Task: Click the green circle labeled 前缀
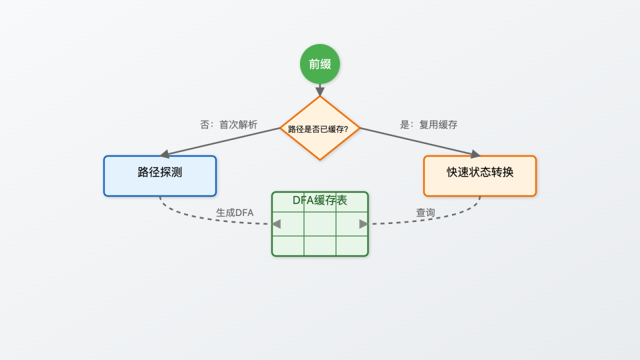click(x=320, y=64)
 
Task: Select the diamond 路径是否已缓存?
click(x=320, y=128)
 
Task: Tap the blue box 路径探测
click(x=160, y=176)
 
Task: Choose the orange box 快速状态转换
click(x=480, y=176)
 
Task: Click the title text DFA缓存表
click(x=320, y=200)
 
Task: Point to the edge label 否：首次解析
click(x=229, y=125)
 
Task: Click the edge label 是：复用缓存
click(x=429, y=125)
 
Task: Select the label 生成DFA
click(x=235, y=213)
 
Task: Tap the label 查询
click(x=425, y=213)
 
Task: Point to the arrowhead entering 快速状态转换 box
click(x=475, y=154)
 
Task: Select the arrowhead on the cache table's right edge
click(x=363, y=224)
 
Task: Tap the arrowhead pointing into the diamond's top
click(x=320, y=91)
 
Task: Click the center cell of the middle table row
click(x=320, y=224)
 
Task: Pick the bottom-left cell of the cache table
click(x=288, y=245)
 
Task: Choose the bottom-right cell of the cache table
click(x=351, y=245)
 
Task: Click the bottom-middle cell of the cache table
click(x=320, y=245)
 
